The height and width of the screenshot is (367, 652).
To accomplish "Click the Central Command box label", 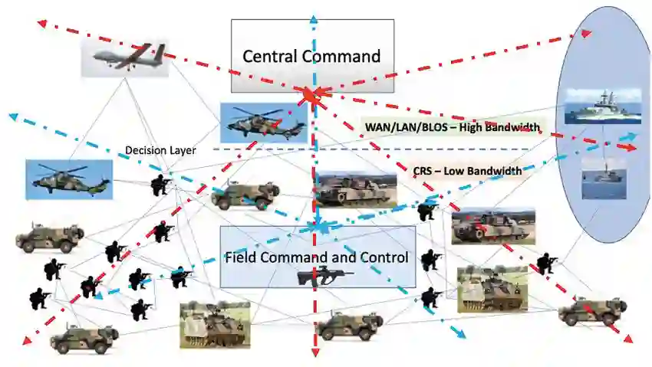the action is [311, 56].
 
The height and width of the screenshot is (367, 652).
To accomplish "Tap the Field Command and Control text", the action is [317, 257].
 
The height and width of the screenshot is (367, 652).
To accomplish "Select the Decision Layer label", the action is [160, 150].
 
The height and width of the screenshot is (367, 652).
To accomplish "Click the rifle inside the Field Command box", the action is [326, 275].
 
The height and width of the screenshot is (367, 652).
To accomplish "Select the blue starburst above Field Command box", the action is [315, 226].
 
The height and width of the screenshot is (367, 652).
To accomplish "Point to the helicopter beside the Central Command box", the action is [263, 122].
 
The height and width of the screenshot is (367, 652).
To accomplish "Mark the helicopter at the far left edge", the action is [69, 179].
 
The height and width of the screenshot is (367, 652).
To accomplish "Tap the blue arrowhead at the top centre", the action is [313, 19].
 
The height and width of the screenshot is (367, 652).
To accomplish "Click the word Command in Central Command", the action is [344, 56].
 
